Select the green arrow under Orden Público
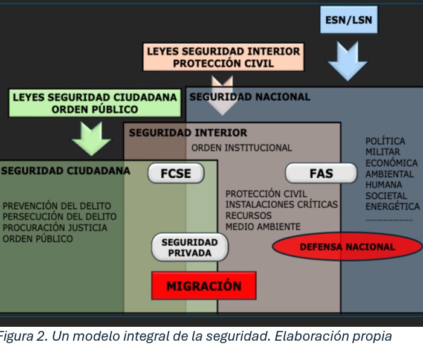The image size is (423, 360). click(x=91, y=138)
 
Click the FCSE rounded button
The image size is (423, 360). click(x=176, y=174)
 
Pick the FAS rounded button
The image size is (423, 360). click(x=321, y=174)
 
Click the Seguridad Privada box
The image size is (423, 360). click(x=190, y=248)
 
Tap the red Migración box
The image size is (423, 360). click(x=204, y=286)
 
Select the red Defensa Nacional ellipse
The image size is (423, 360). click(x=347, y=247)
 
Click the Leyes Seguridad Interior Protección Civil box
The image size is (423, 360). click(x=223, y=57)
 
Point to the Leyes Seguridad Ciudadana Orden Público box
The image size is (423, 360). click(x=95, y=103)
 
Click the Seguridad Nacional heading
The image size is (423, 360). click(x=250, y=97)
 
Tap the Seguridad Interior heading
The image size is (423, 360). click(x=188, y=133)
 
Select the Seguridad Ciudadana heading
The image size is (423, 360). click(x=65, y=171)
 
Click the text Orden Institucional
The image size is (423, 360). click(x=242, y=148)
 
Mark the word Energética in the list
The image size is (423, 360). click(x=392, y=207)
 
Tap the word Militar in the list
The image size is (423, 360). click(x=383, y=152)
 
